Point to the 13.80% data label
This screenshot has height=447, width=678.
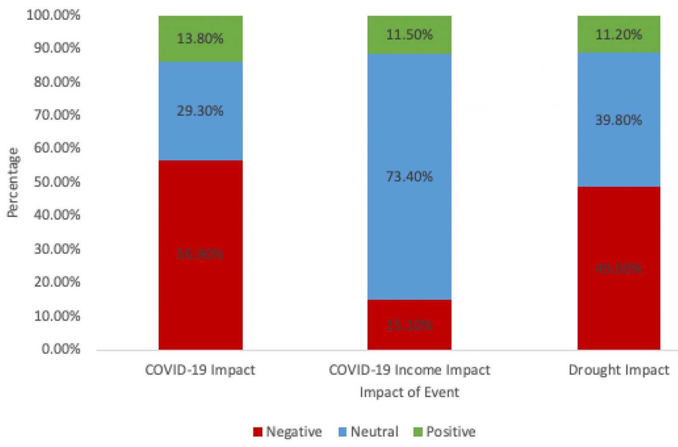pos(200,39)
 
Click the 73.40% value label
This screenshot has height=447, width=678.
pos(409,176)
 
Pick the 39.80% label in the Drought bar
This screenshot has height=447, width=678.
pos(619,120)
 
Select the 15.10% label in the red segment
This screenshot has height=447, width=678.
pos(409,325)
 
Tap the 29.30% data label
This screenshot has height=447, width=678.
pos(200,111)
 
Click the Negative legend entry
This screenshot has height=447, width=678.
pos(288,432)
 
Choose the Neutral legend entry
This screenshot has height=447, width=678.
pos(368,432)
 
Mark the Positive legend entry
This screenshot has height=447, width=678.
pos(445,432)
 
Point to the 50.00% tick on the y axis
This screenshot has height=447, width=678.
pos(57,182)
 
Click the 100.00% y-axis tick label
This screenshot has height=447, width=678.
pos(53,15)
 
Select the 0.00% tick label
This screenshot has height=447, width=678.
pos(61,349)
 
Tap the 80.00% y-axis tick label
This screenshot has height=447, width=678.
pos(57,81)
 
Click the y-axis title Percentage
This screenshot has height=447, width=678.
pos(13,182)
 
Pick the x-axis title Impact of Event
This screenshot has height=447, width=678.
pos(409,392)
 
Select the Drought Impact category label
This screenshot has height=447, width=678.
pos(619,370)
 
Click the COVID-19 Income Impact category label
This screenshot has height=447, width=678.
pos(409,370)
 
